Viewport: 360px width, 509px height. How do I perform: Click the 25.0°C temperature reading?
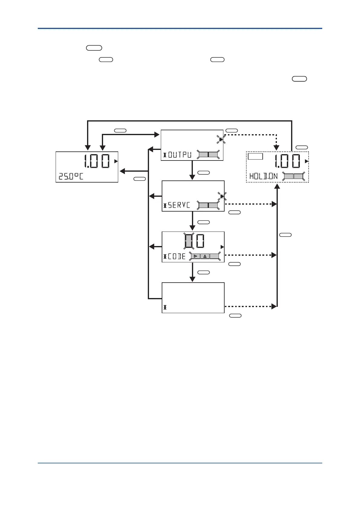point(71,176)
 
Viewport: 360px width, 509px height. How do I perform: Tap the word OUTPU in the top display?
point(180,155)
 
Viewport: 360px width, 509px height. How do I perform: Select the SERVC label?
point(179,205)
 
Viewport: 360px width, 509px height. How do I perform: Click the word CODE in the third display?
point(177,256)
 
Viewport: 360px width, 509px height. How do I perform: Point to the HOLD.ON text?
point(263,176)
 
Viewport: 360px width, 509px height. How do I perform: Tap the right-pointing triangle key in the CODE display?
point(195,256)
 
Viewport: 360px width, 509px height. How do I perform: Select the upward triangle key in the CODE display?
point(205,256)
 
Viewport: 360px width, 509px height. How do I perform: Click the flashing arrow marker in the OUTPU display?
point(221,139)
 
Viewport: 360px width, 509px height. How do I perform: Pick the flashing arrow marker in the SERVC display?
point(222,196)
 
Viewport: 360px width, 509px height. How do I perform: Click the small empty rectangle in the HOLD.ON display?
point(255,156)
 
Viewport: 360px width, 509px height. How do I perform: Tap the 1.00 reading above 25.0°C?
point(97,161)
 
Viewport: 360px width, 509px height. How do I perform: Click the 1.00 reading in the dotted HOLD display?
point(287,161)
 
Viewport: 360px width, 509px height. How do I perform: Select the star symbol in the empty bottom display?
point(165,307)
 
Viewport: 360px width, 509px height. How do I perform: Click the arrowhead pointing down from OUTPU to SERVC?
point(192,177)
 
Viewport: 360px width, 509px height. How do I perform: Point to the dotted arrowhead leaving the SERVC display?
point(274,204)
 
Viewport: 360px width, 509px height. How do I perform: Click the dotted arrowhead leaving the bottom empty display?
point(274,306)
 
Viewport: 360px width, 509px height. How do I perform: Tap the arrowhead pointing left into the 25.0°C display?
point(122,171)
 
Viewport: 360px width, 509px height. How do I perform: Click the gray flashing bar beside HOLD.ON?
point(294,176)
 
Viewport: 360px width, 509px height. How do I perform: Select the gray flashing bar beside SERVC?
point(208,205)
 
